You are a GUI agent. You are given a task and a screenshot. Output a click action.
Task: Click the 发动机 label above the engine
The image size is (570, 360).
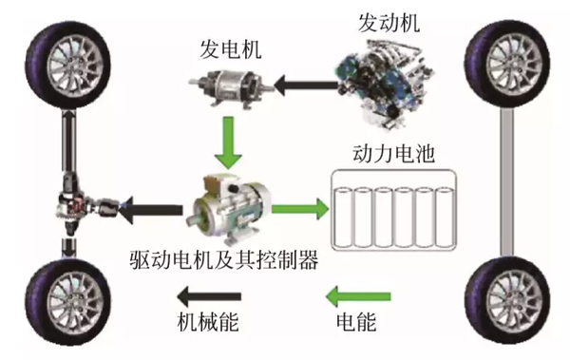pyautogui.click(x=389, y=23)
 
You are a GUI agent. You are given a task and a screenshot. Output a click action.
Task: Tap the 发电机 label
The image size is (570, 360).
pyautogui.click(x=231, y=49)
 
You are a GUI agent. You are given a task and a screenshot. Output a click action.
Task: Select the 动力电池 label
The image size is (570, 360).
pyautogui.click(x=393, y=154)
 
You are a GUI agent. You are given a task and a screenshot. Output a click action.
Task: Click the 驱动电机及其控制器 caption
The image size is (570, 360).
pyautogui.click(x=223, y=259)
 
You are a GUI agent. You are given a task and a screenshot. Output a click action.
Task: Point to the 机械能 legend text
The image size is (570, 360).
pyautogui.click(x=208, y=322)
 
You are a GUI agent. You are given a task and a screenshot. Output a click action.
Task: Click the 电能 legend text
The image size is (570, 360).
pyautogui.click(x=356, y=322)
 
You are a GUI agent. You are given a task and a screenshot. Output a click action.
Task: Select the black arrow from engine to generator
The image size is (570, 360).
pyautogui.click(x=306, y=86)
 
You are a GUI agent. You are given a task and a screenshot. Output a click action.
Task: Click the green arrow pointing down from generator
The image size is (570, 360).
pyautogui.click(x=228, y=142)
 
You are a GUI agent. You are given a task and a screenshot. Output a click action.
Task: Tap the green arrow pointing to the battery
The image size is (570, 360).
pyautogui.click(x=300, y=209)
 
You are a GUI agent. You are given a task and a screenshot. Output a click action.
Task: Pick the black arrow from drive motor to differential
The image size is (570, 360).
pyautogui.click(x=151, y=210)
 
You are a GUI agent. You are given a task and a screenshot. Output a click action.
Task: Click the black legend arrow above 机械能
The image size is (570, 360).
pyautogui.click(x=209, y=295)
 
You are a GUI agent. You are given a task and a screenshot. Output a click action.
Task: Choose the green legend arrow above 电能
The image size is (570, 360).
pyautogui.click(x=358, y=296)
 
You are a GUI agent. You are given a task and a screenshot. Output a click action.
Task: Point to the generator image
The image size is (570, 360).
pyautogui.click(x=232, y=88)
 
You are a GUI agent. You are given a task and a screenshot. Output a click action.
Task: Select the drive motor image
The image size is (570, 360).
pyautogui.click(x=228, y=208)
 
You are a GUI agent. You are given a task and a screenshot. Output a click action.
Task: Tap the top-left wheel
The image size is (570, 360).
pyautogui.click(x=67, y=65)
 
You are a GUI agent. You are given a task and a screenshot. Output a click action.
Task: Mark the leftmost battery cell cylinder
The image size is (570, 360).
pyautogui.click(x=343, y=218)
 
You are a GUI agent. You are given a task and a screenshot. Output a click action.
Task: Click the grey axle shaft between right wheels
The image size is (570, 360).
pyautogui.click(x=506, y=181)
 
